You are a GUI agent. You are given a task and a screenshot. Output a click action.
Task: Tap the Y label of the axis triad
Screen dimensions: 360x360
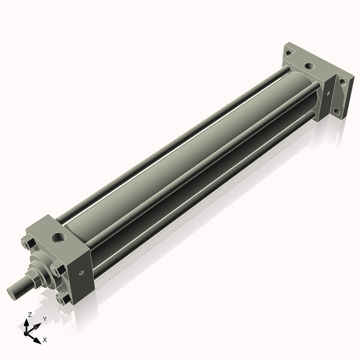pyautogui.click(x=44, y=319)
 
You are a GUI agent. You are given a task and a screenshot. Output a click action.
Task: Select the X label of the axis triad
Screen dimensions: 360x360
pyautogui.click(x=44, y=339)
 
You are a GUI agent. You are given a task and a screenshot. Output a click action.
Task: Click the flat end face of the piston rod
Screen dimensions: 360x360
pyautogui.click(x=11, y=293)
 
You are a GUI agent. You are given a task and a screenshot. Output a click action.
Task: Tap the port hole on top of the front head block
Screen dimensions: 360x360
pyautogui.click(x=58, y=238)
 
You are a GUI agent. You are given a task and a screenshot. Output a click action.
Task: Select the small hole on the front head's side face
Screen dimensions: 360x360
pyautogui.click(x=81, y=274)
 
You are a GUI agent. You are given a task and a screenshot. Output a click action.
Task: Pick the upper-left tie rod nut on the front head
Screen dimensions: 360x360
pyautogui.click(x=27, y=243)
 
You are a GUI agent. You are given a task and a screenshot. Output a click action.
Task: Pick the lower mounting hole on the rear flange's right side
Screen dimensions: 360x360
pyautogui.click(x=338, y=112)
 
